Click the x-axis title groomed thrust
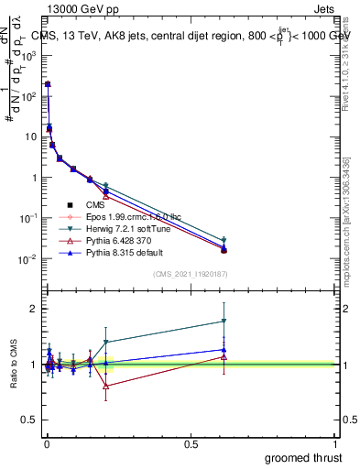click(304, 457)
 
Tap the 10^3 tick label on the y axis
click(27, 55)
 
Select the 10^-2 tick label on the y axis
click(27, 259)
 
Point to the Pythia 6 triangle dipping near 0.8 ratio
click(106, 386)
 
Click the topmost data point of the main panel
click(48, 84)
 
